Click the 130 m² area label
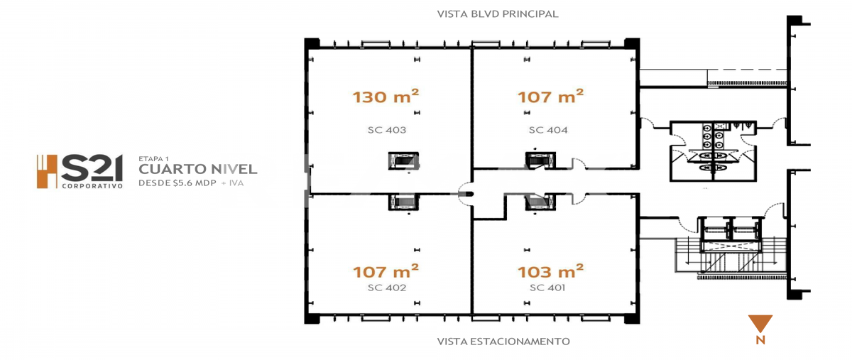386,97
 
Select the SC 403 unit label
387,130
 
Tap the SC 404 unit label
548,130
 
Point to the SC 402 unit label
387,288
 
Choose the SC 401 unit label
547,288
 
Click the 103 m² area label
550,271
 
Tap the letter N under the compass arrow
760,340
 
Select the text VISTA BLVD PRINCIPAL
498,14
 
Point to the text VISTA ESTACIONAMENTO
503,342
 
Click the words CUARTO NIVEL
198,169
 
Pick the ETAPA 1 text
153,158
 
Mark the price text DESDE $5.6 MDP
177,183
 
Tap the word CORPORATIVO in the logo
92,186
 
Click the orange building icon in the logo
47,171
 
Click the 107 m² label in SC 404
550,97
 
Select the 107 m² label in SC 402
386,271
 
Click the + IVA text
232,183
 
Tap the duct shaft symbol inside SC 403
403,161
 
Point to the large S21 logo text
92,168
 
